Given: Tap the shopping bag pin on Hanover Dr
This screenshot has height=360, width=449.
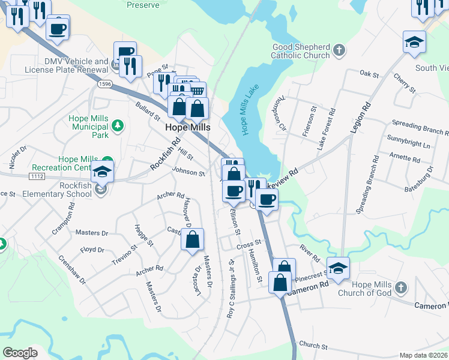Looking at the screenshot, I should coord(192,239).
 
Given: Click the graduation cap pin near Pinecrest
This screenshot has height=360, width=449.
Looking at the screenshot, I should coord(338,268).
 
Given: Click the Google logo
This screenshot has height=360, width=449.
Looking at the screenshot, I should coord(20,353).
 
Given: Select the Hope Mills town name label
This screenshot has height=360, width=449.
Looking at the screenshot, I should coord(186,128).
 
